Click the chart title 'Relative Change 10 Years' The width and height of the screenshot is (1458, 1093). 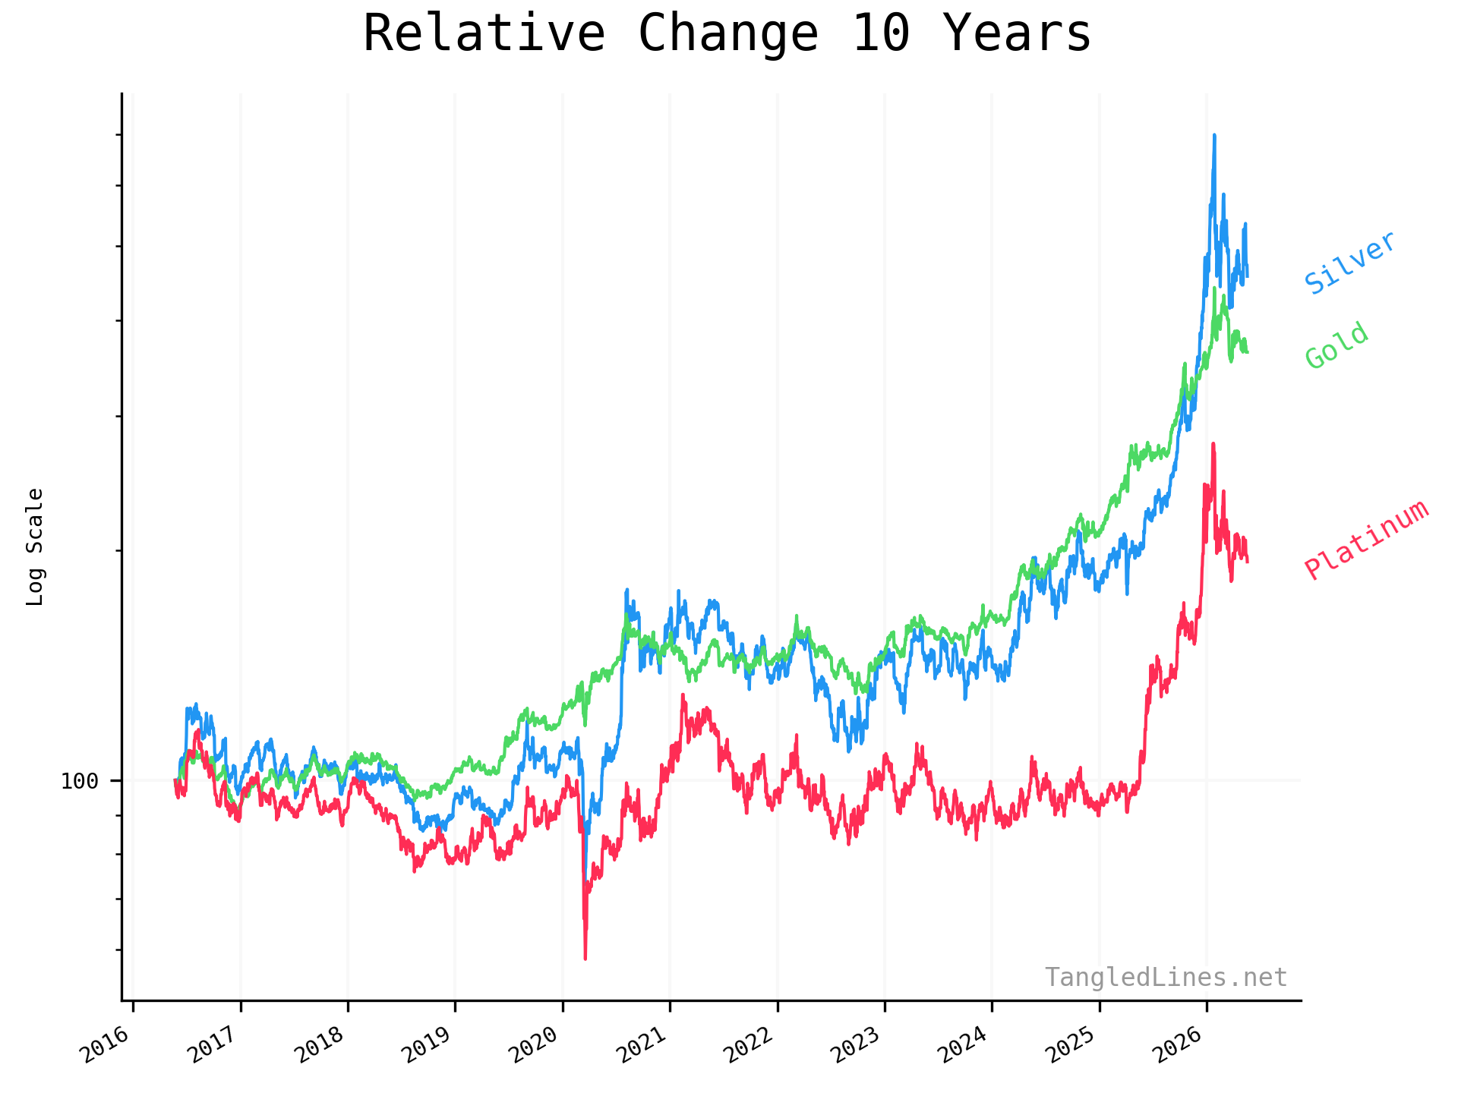[x=727, y=34]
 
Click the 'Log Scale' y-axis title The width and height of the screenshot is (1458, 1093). [x=35, y=546]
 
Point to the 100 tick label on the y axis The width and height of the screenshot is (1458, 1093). [x=80, y=781]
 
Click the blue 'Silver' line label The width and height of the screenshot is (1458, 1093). [x=1350, y=263]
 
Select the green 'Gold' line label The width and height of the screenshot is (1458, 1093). [x=1337, y=346]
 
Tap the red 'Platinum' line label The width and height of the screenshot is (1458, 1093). [x=1367, y=540]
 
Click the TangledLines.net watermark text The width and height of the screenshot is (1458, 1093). [x=1166, y=978]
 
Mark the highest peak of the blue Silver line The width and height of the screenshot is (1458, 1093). [x=1214, y=135]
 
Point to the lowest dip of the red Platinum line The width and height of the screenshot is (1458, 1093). [x=585, y=959]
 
